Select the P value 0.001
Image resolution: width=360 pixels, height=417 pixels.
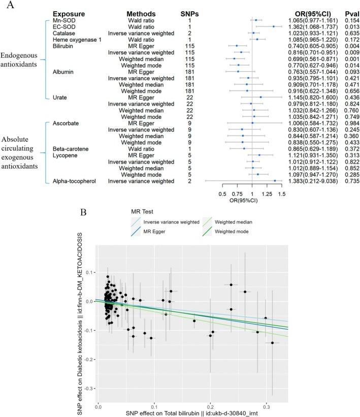point(347,59)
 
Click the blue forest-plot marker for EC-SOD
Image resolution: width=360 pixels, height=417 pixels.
point(274,26)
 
